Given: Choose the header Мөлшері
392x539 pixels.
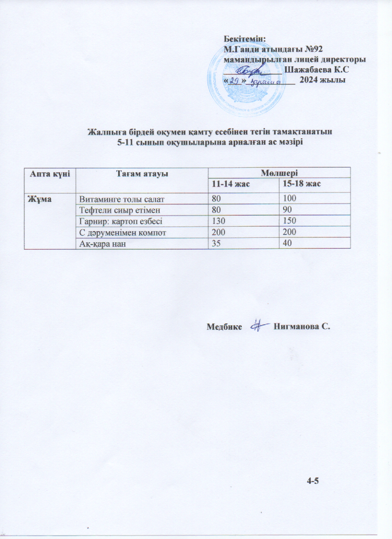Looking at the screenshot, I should point(278,172).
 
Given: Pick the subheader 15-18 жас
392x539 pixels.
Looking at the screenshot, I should point(302,184).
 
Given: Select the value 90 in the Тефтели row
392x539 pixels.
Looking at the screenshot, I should point(287,210).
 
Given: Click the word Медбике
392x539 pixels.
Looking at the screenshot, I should point(225,327).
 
